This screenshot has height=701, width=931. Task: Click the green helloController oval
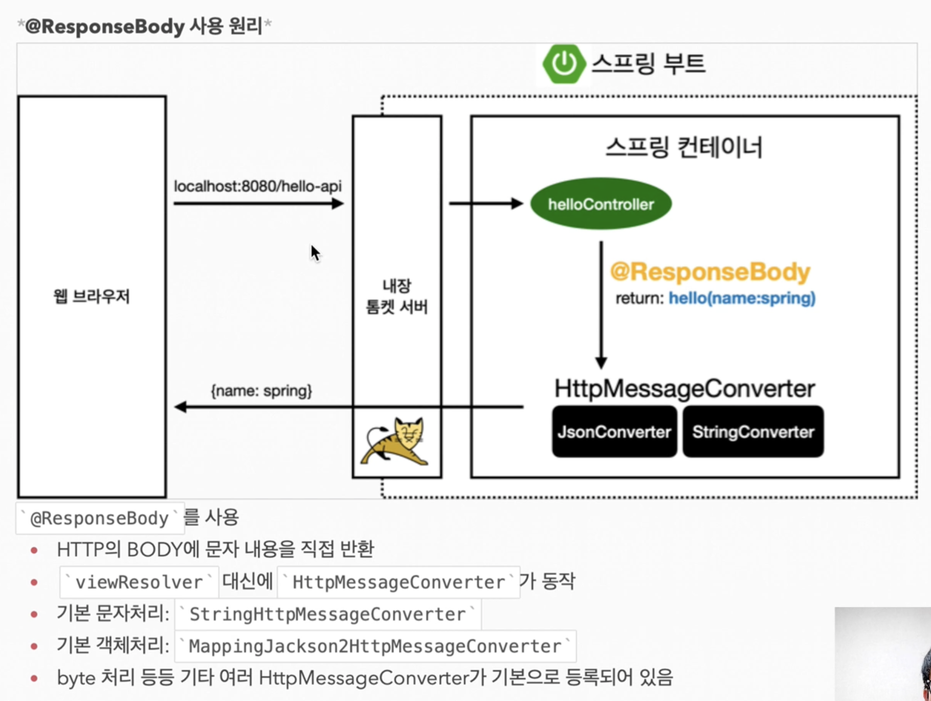coord(601,204)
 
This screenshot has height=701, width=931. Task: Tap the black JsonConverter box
coord(614,432)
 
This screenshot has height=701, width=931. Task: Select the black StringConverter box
coord(753,432)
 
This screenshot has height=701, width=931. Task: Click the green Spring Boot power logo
coord(564,64)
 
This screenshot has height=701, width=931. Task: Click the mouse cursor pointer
coord(315,253)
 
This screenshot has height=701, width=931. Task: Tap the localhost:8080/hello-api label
coord(258,186)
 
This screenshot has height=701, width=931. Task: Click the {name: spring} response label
coord(261,391)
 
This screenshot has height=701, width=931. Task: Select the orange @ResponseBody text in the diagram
coord(710,272)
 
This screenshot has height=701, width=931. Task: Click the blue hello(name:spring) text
coord(742,298)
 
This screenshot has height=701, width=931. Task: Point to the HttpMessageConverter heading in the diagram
coord(684,389)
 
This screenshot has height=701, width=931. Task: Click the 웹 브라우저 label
coord(92,296)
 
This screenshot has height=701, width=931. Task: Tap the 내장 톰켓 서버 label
coord(397,296)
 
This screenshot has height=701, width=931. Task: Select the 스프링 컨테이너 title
coord(684,147)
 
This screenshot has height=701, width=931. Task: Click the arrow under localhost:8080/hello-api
coord(258,204)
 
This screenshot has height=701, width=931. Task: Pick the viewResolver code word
coord(139,582)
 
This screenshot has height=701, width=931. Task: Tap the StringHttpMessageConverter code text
coord(328,614)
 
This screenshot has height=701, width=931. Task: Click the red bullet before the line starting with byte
coord(34,678)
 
